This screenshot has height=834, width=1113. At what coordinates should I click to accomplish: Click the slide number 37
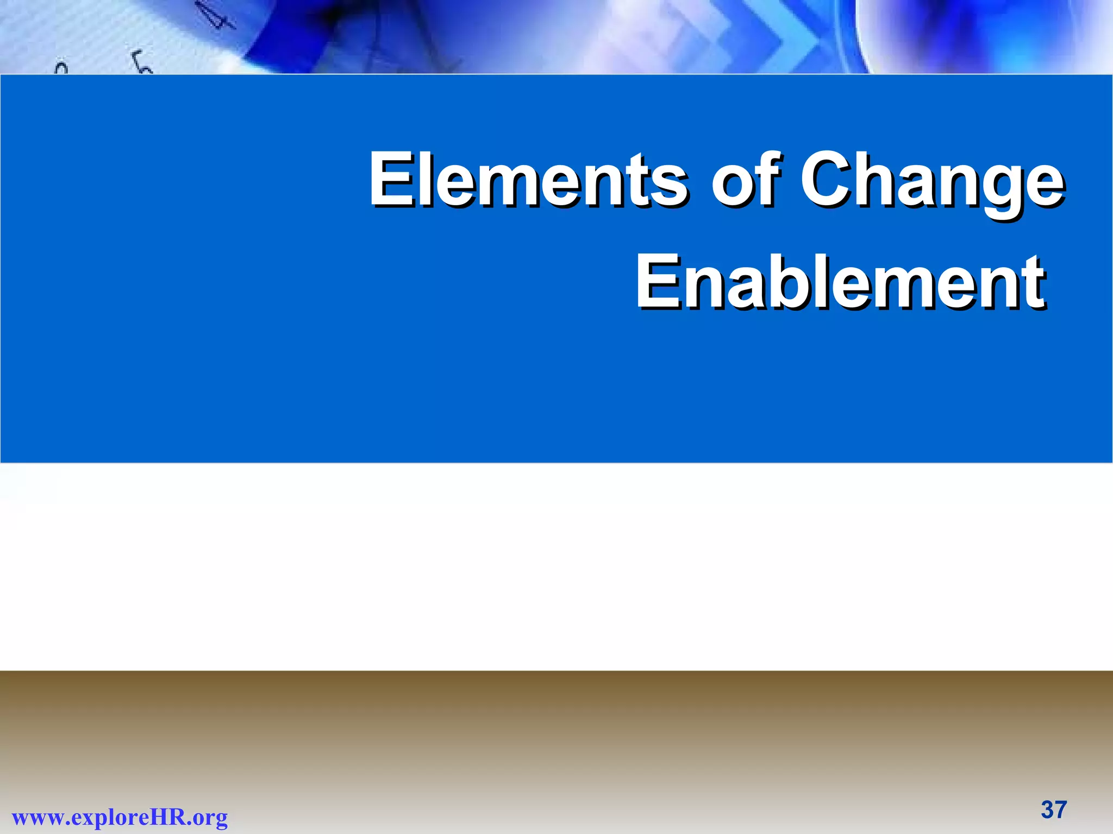(1054, 810)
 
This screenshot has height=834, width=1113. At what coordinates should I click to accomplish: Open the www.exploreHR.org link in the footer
(120, 817)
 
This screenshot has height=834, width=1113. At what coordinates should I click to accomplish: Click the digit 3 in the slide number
(1047, 810)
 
